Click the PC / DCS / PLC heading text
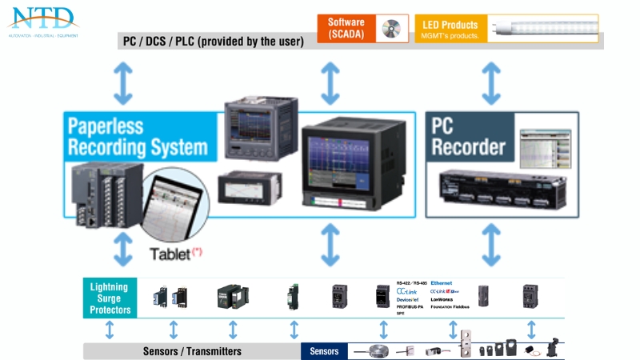(x=213, y=42)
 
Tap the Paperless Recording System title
(x=137, y=137)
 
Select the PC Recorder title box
(x=469, y=137)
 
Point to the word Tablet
(x=170, y=254)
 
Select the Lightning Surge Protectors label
(x=109, y=298)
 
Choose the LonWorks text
(x=442, y=299)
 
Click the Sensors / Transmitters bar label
(x=192, y=351)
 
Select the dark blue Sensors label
(x=324, y=351)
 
